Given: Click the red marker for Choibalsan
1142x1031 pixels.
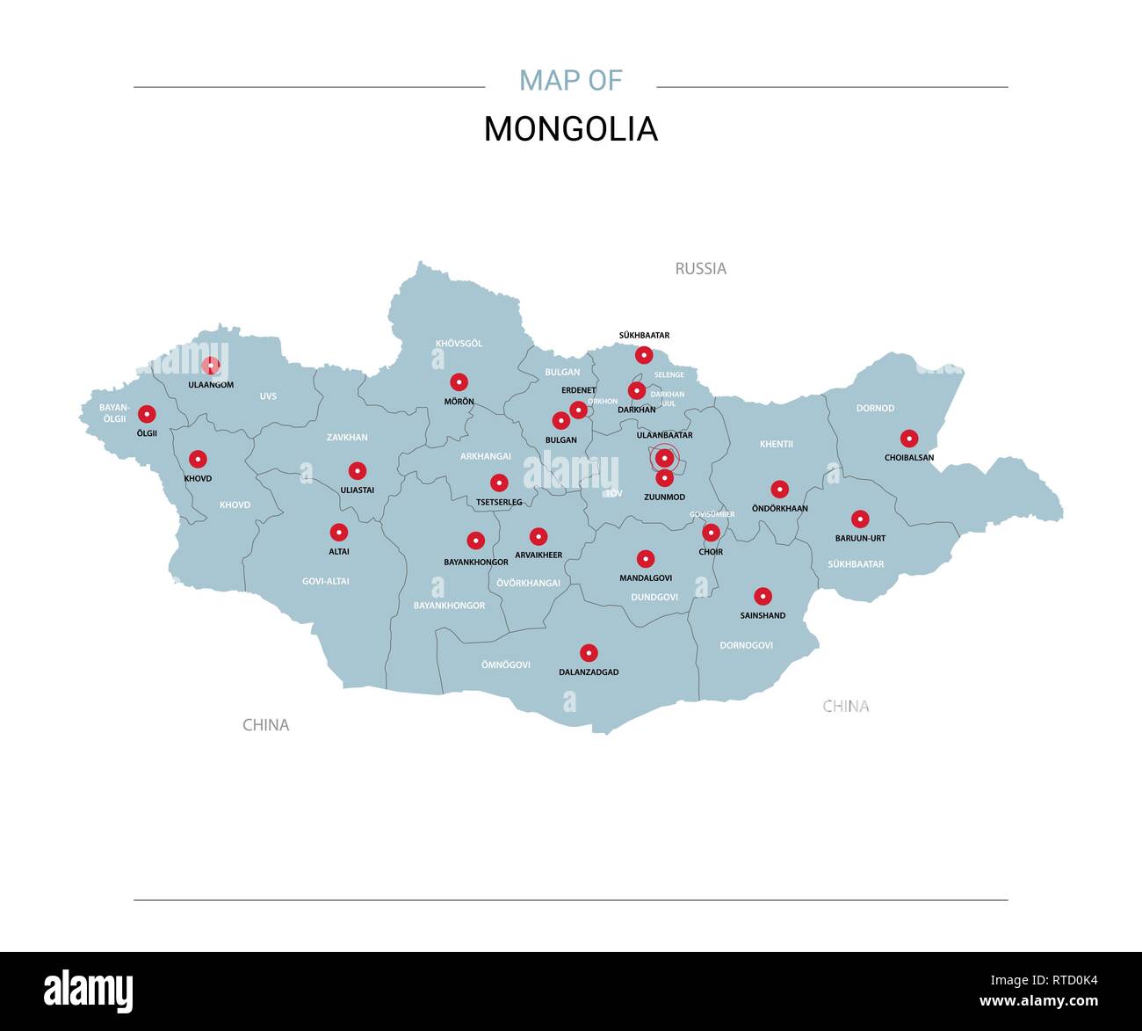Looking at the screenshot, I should (909, 439).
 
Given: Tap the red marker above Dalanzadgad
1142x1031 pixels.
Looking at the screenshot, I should (589, 653).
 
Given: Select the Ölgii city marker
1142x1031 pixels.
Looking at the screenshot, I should (147, 414).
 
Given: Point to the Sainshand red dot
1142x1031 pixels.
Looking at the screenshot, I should (763, 597).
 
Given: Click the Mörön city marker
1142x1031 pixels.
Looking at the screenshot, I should (459, 382).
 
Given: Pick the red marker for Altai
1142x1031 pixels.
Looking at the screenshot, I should (339, 533).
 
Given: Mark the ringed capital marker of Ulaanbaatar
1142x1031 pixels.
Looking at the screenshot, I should (665, 458).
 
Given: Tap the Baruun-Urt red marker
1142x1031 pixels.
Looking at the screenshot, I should (860, 519).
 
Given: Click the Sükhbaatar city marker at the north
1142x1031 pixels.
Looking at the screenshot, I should (644, 355).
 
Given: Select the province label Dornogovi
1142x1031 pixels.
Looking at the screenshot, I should (746, 645).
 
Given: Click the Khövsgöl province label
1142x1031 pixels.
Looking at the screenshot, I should (459, 344).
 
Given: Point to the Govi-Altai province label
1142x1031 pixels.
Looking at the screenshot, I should (325, 581).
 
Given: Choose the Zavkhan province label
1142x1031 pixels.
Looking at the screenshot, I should (347, 437).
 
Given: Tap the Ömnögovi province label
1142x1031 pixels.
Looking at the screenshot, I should (505, 664).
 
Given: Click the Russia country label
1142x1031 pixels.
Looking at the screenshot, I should (700, 269).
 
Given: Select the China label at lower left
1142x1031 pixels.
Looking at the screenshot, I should (265, 725).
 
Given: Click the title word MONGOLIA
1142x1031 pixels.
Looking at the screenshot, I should (570, 129).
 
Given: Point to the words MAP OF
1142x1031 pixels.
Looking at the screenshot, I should (570, 81).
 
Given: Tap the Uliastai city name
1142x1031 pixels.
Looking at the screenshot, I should (357, 490).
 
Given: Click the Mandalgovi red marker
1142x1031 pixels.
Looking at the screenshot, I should (646, 559).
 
